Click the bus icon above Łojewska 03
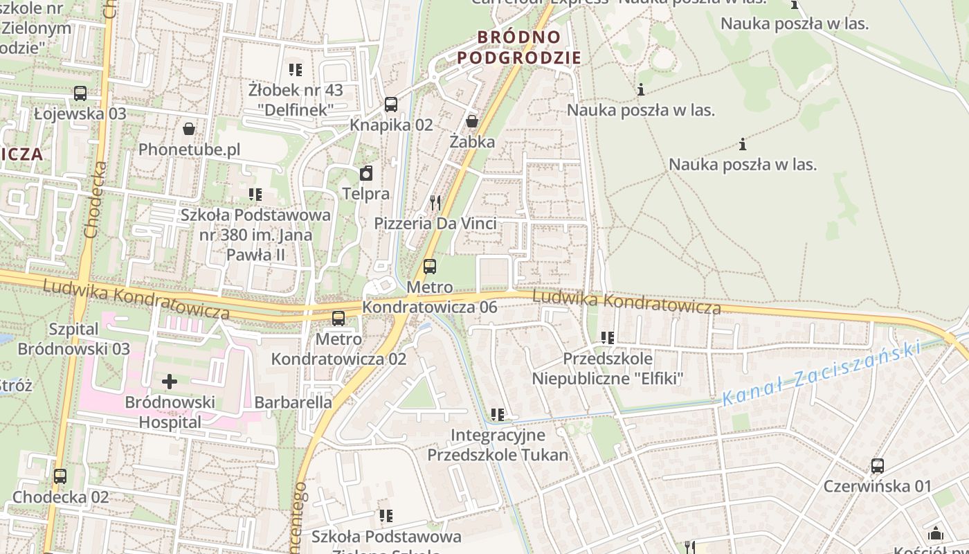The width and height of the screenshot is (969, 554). point(80,93)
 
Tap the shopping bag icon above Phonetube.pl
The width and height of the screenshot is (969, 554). point(188,128)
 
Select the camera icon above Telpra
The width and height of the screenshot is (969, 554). point(366,173)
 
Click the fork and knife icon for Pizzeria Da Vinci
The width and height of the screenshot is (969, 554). point(435,203)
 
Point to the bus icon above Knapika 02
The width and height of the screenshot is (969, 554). point(391,105)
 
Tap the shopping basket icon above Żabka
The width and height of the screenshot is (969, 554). point(472,121)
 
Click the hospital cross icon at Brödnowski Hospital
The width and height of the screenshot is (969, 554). point(170,381)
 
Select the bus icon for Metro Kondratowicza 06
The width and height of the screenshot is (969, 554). point(430,267)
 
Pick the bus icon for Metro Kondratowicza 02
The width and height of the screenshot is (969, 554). point(338,319)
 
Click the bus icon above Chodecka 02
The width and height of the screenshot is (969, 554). point(60,476)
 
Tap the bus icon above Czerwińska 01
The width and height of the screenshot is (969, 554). point(878,466)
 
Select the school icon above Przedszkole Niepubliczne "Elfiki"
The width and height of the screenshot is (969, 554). point(608,338)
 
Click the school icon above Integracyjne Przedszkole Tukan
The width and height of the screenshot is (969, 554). point(497,415)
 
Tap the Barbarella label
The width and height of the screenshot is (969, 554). point(293,402)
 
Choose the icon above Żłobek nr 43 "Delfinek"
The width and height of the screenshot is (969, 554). point(296,69)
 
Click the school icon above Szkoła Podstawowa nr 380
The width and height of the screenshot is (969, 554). point(255,195)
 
